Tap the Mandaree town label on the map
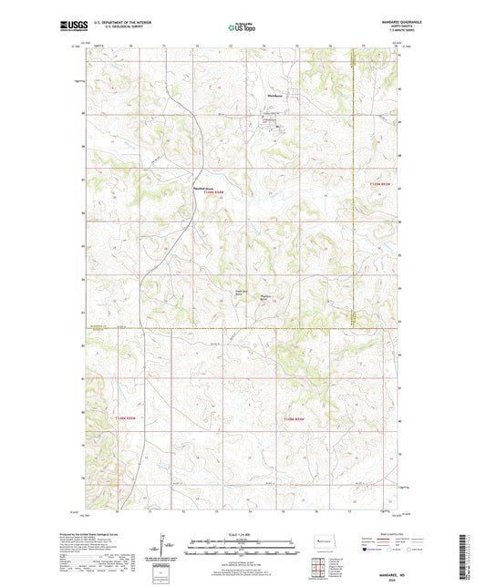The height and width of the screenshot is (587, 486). click(x=272, y=96)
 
